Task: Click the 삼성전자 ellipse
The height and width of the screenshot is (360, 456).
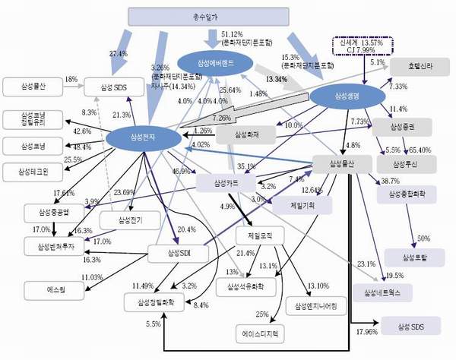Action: [x=142, y=139]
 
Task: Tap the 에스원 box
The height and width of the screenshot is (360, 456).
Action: [x=47, y=289]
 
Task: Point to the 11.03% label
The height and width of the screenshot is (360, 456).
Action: [x=92, y=278]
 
